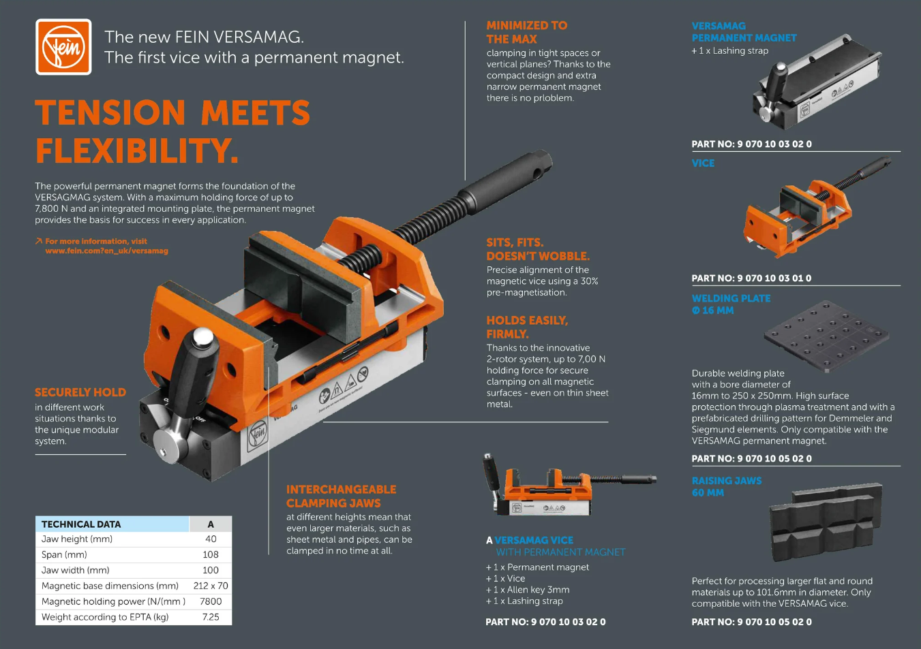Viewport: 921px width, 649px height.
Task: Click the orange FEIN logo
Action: pyautogui.click(x=63, y=47)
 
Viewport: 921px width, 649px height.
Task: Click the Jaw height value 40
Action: pyautogui.click(x=211, y=539)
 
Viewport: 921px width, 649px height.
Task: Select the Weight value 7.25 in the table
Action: pyautogui.click(x=211, y=617)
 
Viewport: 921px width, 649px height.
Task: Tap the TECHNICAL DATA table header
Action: pyautogui.click(x=81, y=524)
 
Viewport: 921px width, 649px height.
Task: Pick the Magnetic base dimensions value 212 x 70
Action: pyautogui.click(x=211, y=586)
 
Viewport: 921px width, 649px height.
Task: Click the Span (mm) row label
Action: pyautogui.click(x=64, y=554)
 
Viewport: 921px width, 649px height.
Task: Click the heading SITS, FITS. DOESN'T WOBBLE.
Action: pyautogui.click(x=538, y=249)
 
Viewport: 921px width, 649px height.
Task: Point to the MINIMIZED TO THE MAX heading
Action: pyautogui.click(x=526, y=32)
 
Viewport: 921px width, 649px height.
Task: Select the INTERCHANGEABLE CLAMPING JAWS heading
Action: pyautogui.click(x=341, y=496)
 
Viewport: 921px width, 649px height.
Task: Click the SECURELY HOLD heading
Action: pyautogui.click(x=80, y=392)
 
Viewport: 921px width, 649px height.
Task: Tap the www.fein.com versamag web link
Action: pyautogui.click(x=106, y=251)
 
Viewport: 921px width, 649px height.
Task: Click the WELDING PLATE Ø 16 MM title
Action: pyautogui.click(x=731, y=304)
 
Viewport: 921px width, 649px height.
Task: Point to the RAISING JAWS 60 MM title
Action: pyautogui.click(x=726, y=486)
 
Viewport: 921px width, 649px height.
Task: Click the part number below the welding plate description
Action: pyautogui.click(x=751, y=458)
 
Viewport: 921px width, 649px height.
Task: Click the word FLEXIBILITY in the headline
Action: pyautogui.click(x=136, y=151)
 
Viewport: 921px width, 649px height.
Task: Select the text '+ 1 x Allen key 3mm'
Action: pyautogui.click(x=528, y=590)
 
